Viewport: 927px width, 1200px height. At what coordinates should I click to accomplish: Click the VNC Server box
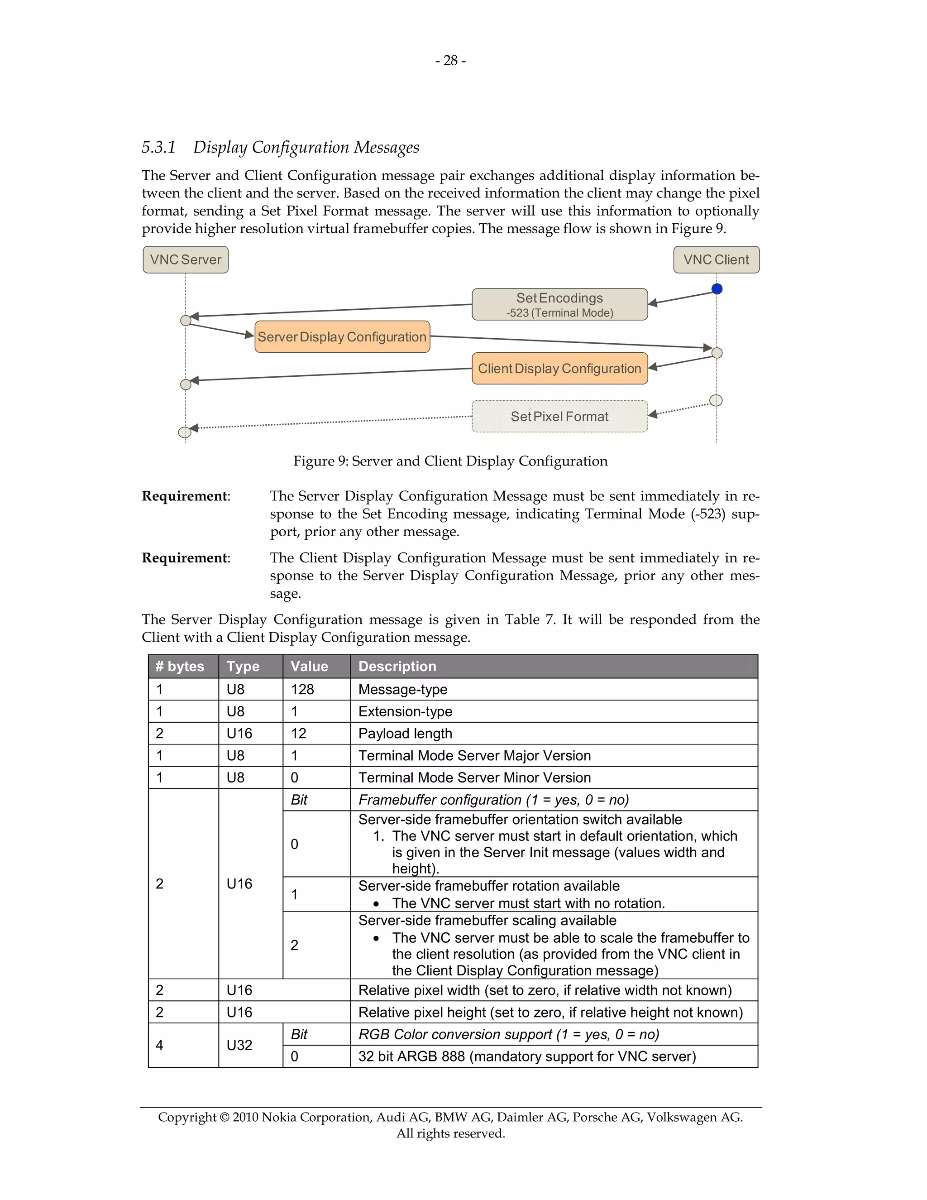click(x=186, y=260)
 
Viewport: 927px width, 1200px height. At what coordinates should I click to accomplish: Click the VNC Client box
click(x=716, y=260)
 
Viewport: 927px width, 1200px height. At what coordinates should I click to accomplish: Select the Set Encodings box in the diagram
click(x=559, y=304)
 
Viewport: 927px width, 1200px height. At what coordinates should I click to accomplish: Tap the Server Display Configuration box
click(x=342, y=337)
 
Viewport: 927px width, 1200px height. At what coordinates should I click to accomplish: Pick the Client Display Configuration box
click(x=559, y=369)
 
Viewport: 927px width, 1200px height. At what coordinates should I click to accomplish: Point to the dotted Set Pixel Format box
click(x=559, y=417)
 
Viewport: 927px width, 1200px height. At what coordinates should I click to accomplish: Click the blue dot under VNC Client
click(x=717, y=289)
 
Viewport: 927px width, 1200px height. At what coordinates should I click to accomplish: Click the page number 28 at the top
click(x=450, y=60)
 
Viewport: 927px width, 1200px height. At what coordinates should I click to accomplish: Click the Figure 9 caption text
click(x=450, y=461)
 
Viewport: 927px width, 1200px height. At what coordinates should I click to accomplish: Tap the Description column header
click(x=397, y=667)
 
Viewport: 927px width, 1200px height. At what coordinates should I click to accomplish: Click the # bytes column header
click(x=180, y=667)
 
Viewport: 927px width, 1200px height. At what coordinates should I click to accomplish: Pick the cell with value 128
click(x=303, y=690)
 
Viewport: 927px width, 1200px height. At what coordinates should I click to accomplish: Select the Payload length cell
click(x=405, y=734)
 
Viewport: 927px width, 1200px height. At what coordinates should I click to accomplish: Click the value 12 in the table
click(x=299, y=734)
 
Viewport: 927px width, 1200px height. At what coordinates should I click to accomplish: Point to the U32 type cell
click(x=239, y=1045)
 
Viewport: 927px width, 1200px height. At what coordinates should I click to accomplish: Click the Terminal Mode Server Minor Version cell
click(x=474, y=778)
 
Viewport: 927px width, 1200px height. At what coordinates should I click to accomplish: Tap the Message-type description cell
click(x=403, y=690)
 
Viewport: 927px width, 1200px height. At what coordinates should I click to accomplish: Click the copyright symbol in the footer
click(x=224, y=1117)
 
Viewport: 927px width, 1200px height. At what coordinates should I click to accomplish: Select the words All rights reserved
click(x=450, y=1133)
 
